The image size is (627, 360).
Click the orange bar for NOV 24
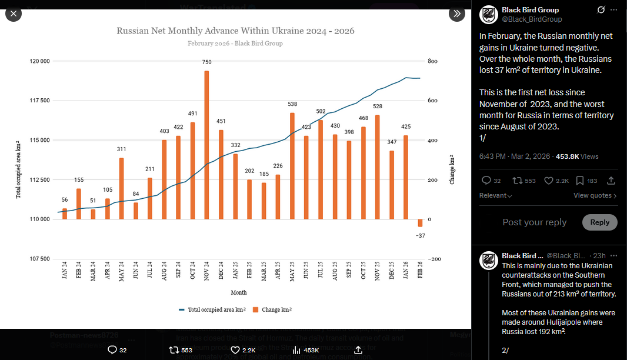[x=207, y=145]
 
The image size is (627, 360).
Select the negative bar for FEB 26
[x=420, y=223]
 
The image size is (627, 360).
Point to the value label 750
[x=207, y=62]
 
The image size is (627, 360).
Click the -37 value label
[x=420, y=235]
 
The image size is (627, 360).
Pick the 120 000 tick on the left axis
[x=41, y=61]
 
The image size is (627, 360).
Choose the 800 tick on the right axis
[x=432, y=61]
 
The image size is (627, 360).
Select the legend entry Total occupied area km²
[x=212, y=309]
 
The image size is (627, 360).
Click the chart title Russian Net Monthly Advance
[x=235, y=31]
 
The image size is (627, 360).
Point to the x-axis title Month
[x=239, y=292]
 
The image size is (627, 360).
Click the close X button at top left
[x=14, y=14]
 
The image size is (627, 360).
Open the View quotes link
[x=595, y=195]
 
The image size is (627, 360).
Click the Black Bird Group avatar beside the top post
[x=489, y=14]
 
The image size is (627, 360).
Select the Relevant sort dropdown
[x=495, y=195]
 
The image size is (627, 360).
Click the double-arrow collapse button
[x=457, y=14]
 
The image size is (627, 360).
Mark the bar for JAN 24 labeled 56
[x=65, y=214]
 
